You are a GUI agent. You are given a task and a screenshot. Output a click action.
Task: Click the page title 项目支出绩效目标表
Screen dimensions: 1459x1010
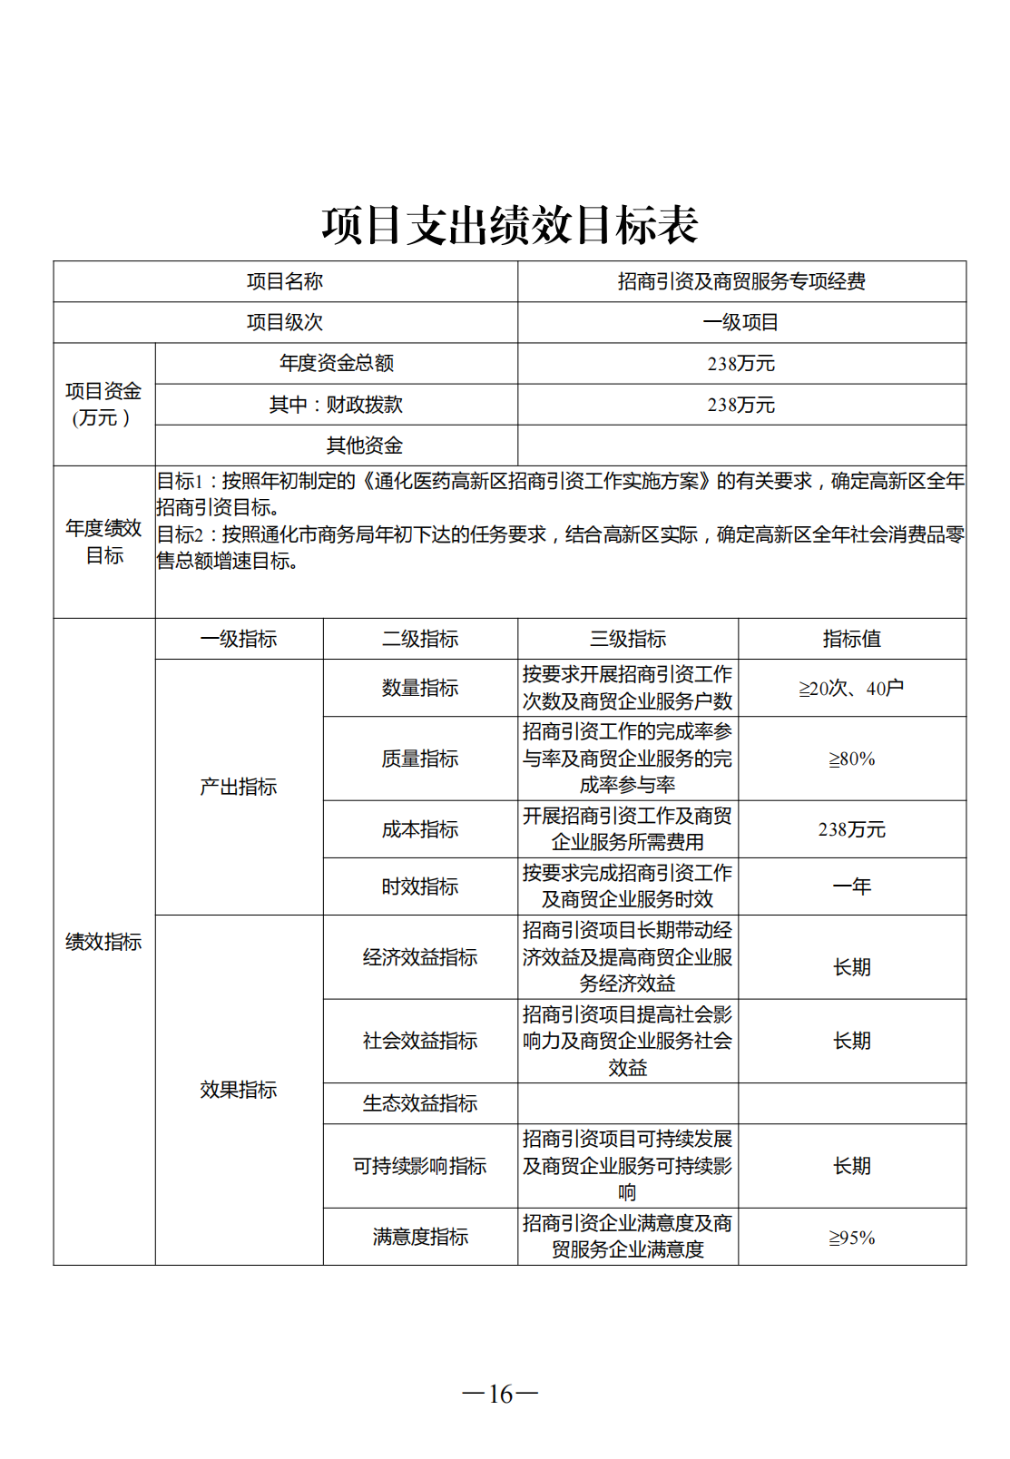(510, 225)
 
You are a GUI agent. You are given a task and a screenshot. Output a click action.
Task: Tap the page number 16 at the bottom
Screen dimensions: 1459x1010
(500, 1393)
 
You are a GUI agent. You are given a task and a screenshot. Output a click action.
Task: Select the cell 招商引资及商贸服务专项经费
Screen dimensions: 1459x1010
(741, 282)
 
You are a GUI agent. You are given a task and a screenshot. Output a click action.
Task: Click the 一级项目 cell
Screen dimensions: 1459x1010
(741, 323)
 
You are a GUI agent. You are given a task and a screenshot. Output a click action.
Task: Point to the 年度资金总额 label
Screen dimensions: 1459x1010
(336, 364)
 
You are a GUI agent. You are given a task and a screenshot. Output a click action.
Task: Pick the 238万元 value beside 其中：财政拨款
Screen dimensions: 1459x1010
(741, 405)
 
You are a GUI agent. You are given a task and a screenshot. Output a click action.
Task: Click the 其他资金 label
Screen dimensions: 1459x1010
(364, 446)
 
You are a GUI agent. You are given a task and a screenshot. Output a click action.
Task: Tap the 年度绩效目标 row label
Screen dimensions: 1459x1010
(103, 542)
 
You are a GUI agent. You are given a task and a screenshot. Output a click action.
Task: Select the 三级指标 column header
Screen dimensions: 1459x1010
(627, 639)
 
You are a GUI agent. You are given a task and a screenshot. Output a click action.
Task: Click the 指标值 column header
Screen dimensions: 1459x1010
(851, 639)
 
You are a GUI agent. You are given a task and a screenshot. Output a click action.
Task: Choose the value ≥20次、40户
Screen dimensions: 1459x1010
(851, 689)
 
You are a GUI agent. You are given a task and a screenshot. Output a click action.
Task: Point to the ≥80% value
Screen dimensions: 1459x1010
(851, 759)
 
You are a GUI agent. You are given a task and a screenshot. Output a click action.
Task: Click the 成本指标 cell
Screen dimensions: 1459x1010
(419, 829)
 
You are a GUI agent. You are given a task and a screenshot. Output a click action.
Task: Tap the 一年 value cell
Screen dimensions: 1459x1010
(851, 886)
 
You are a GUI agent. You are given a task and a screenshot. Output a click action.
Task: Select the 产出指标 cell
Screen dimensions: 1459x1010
(238, 787)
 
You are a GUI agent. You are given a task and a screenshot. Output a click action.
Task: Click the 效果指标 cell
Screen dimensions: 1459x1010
(238, 1090)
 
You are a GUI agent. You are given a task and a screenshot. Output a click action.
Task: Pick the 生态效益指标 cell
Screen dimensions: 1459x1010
(419, 1103)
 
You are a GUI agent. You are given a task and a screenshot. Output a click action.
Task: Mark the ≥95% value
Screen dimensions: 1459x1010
(851, 1238)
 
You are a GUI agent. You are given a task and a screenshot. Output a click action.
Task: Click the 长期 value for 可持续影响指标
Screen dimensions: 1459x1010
(851, 1166)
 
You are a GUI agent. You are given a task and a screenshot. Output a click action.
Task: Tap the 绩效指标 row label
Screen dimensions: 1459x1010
(103, 942)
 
